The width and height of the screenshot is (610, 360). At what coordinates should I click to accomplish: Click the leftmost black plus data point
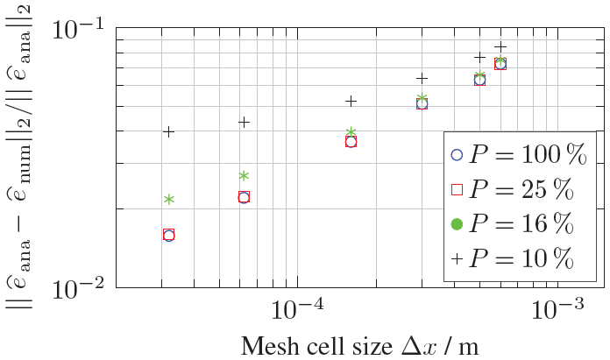coord(168,131)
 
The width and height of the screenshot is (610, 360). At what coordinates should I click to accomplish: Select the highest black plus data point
coord(500,47)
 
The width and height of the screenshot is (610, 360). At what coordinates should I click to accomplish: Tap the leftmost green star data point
coord(168,200)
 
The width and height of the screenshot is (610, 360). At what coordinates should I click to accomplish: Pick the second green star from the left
coord(244,176)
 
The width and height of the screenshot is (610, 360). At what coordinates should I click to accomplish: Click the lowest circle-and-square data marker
coord(168,235)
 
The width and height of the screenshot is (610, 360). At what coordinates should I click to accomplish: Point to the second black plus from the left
coord(244,122)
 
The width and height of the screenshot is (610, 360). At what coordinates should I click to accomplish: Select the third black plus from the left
coord(351,102)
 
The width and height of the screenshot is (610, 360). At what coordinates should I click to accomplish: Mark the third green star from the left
coord(351,133)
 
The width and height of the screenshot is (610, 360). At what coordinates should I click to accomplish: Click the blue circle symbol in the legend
coord(456,154)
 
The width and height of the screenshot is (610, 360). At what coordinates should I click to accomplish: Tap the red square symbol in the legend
coord(456,189)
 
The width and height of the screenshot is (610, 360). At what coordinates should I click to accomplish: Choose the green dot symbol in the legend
coord(456,224)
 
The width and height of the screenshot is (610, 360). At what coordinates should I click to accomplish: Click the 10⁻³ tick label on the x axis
coord(557,309)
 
